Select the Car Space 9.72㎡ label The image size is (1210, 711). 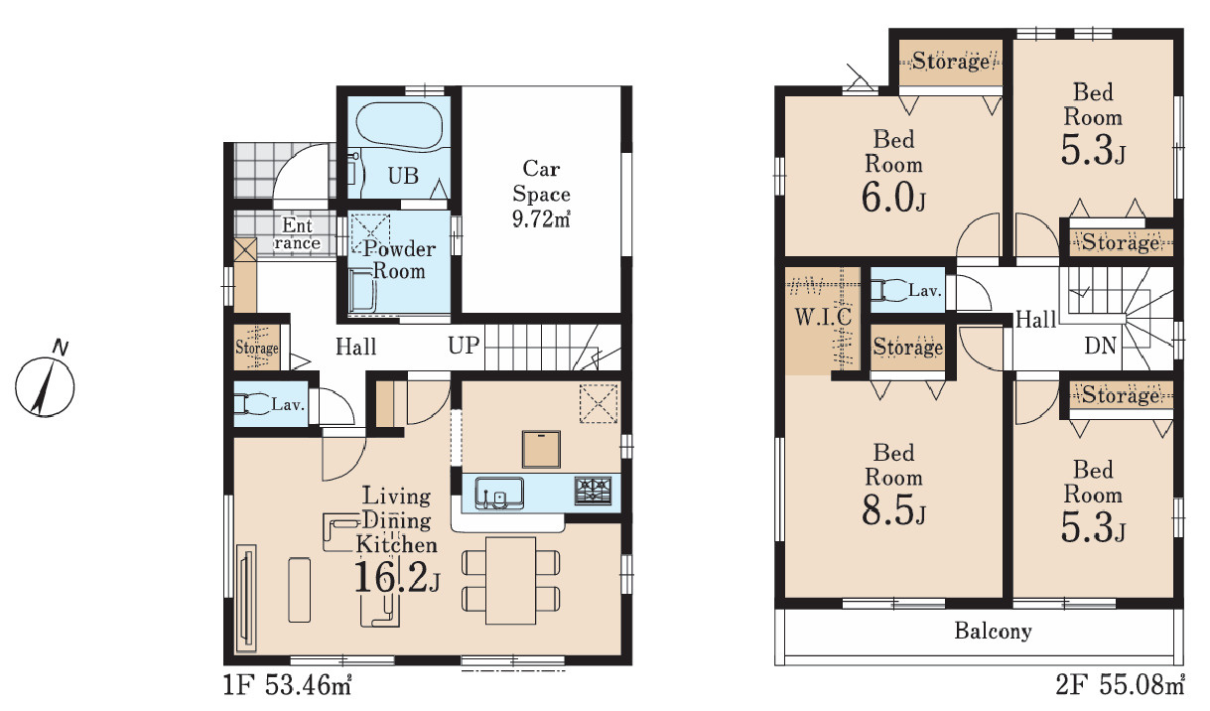tap(541, 194)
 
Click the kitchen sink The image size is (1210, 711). tap(499, 494)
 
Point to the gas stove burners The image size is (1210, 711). tap(593, 491)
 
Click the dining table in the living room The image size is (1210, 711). tap(510, 580)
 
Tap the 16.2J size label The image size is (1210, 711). tap(397, 578)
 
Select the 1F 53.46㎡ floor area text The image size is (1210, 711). tap(288, 685)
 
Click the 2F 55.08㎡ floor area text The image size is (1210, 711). tap(1121, 685)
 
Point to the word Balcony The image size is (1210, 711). tap(993, 631)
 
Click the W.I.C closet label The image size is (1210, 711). tap(823, 317)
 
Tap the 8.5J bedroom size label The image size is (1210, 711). tap(893, 509)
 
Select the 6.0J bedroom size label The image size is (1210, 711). tap(893, 197)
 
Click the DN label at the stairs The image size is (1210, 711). tap(1101, 346)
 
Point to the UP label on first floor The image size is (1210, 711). tap(464, 346)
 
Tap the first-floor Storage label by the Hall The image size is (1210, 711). tap(257, 348)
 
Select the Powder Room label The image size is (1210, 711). tap(399, 259)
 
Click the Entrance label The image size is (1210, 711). tap(297, 234)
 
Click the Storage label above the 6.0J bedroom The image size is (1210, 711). tap(951, 61)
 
